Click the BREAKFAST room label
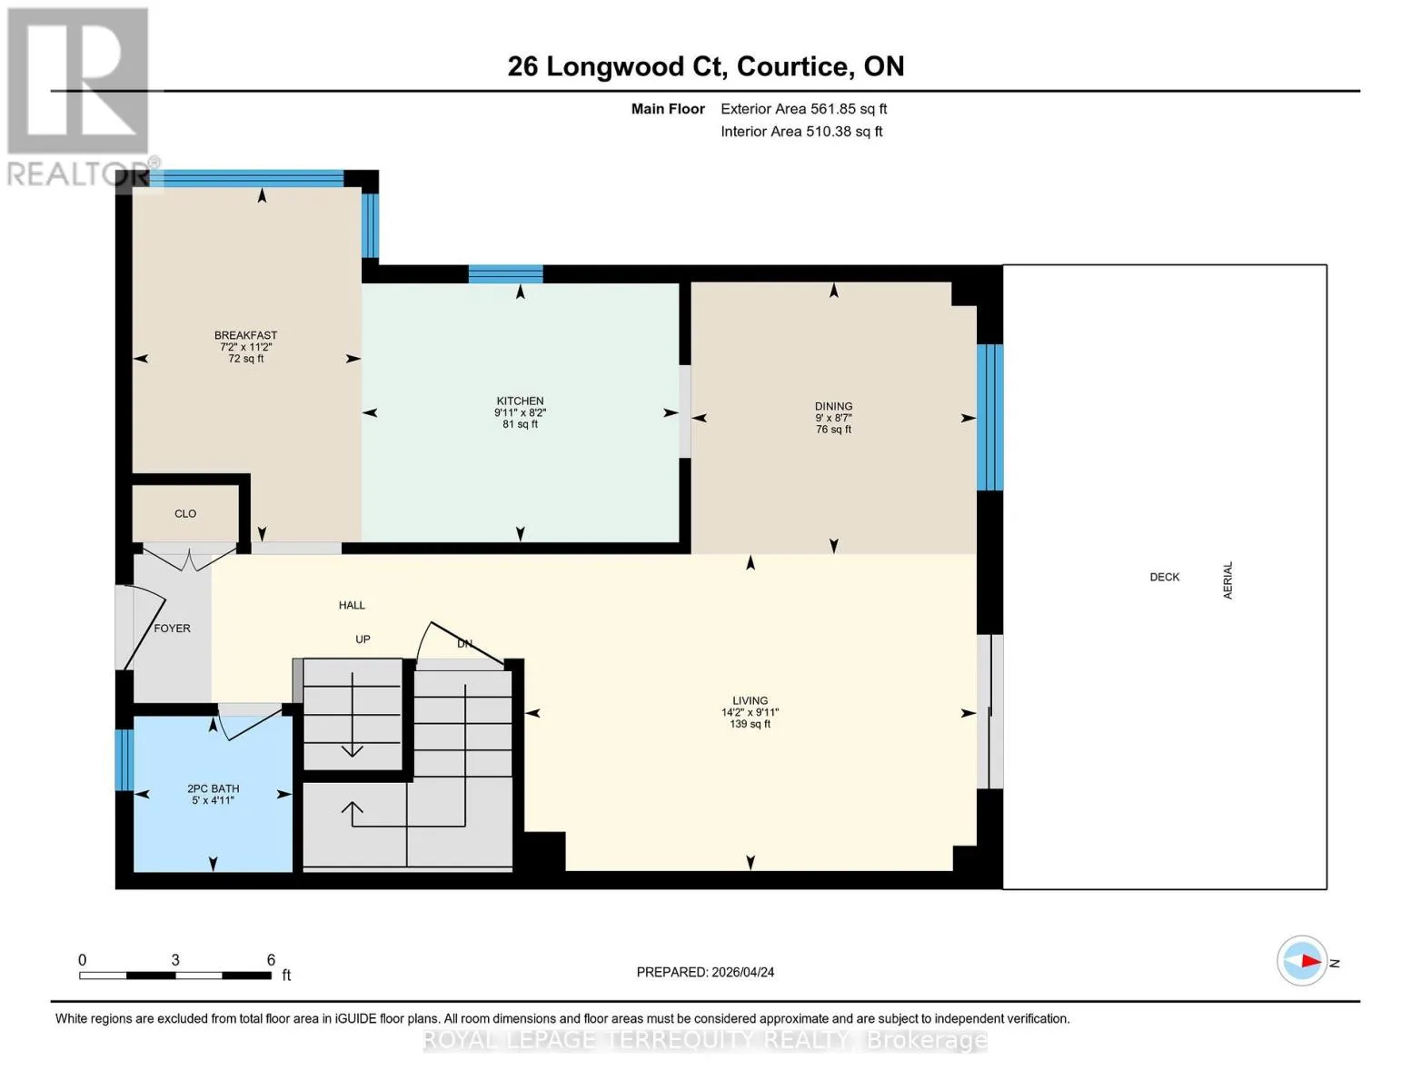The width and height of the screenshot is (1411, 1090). click(245, 335)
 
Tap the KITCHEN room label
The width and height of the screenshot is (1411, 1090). click(520, 401)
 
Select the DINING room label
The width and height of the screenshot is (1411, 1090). click(834, 406)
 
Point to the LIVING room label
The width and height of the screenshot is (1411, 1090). click(750, 700)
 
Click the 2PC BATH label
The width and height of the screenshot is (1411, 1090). click(213, 788)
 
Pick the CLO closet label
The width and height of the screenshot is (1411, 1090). click(185, 513)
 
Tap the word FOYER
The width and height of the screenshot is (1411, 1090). click(172, 629)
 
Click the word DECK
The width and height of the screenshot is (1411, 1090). click(1164, 577)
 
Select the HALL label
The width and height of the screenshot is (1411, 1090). click(352, 605)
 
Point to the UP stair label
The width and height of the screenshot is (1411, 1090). click(363, 639)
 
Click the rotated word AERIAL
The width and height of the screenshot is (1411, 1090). click(1227, 580)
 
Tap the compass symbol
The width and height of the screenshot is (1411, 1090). click(1301, 961)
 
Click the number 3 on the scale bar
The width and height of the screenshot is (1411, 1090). click(175, 959)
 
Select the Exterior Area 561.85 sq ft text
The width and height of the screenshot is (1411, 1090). click(804, 109)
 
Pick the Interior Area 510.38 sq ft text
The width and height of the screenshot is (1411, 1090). click(801, 132)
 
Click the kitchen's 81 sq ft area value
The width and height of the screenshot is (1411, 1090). click(520, 424)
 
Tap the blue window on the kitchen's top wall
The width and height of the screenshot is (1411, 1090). click(506, 274)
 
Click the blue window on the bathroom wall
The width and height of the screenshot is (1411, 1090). click(124, 760)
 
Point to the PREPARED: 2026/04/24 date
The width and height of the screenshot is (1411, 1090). click(705, 972)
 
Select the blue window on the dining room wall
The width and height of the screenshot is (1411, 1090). click(990, 418)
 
